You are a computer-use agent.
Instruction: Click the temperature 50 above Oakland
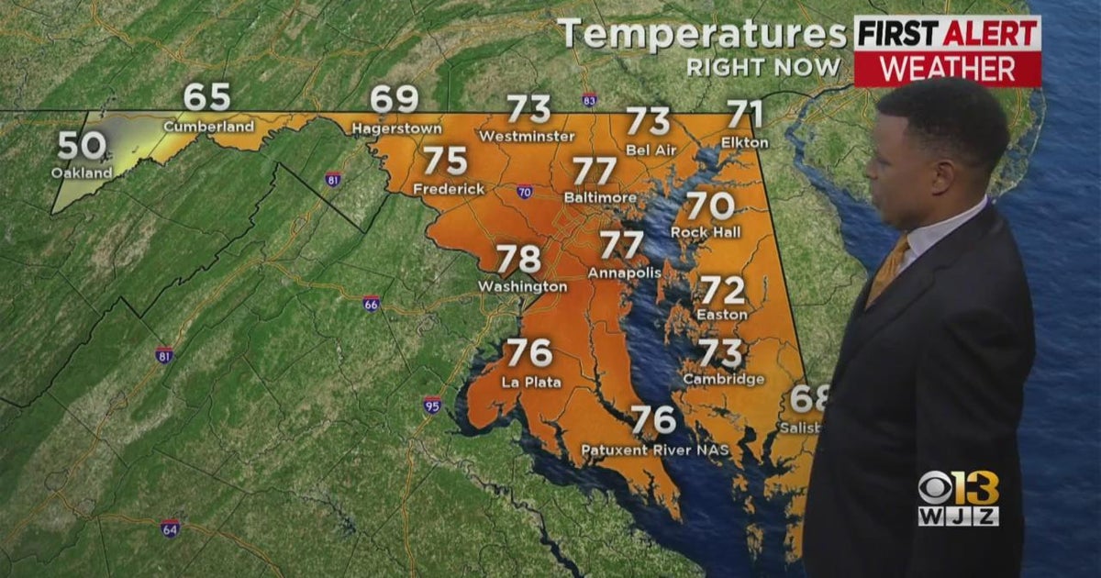click(80, 146)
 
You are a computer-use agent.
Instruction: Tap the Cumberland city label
click(209, 126)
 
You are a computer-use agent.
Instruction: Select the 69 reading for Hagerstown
click(395, 99)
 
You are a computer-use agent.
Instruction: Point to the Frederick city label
click(449, 189)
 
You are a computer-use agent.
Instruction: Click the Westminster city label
click(527, 137)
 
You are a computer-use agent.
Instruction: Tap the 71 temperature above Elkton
click(745, 115)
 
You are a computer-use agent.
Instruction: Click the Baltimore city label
click(601, 197)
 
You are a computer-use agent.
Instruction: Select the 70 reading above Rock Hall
click(710, 205)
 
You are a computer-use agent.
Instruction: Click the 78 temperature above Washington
click(518, 260)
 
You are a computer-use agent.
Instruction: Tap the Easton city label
click(722, 315)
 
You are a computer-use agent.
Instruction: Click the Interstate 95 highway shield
click(432, 404)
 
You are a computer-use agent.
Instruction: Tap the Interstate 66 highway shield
click(371, 303)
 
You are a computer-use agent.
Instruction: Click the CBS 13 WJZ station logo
click(958, 498)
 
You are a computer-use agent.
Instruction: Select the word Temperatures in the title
click(702, 35)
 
